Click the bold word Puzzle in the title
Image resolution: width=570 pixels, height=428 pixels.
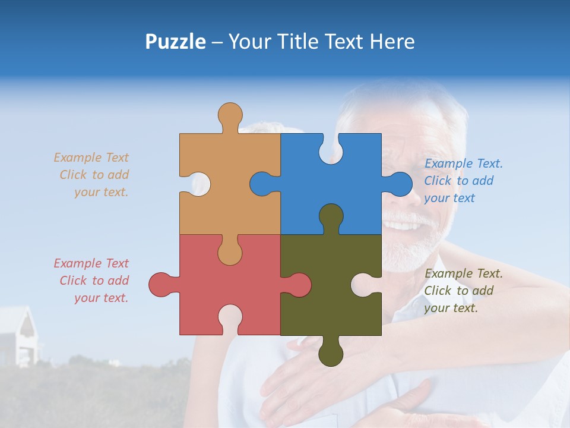pos(175,42)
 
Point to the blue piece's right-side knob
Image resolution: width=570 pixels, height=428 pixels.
pos(399,184)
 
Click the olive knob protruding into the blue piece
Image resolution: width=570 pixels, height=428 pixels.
pos(331,218)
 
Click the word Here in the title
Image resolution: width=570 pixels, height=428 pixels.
pos(392,42)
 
